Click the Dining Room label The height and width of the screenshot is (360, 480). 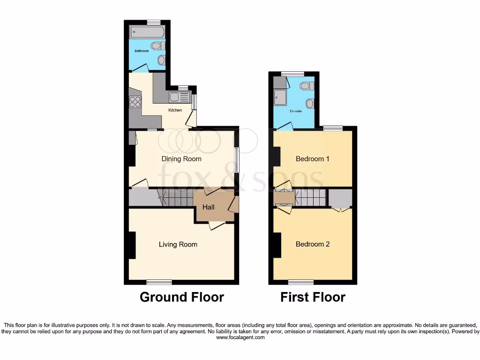coord(181,159)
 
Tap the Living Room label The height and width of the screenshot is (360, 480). coord(178,244)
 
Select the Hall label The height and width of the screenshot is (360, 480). coord(209,207)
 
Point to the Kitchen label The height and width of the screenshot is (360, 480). coord(175,111)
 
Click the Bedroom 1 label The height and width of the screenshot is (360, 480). coord(312,159)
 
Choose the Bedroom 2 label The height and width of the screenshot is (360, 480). coord(312,244)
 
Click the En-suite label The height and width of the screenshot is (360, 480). coord(296,111)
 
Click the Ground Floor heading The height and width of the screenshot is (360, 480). coord(182,297)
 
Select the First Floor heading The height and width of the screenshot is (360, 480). coord(313,297)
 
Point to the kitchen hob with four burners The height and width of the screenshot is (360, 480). coord(135,102)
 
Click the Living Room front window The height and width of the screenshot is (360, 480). coord(159,282)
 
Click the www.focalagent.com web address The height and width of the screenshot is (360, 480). coord(240,337)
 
